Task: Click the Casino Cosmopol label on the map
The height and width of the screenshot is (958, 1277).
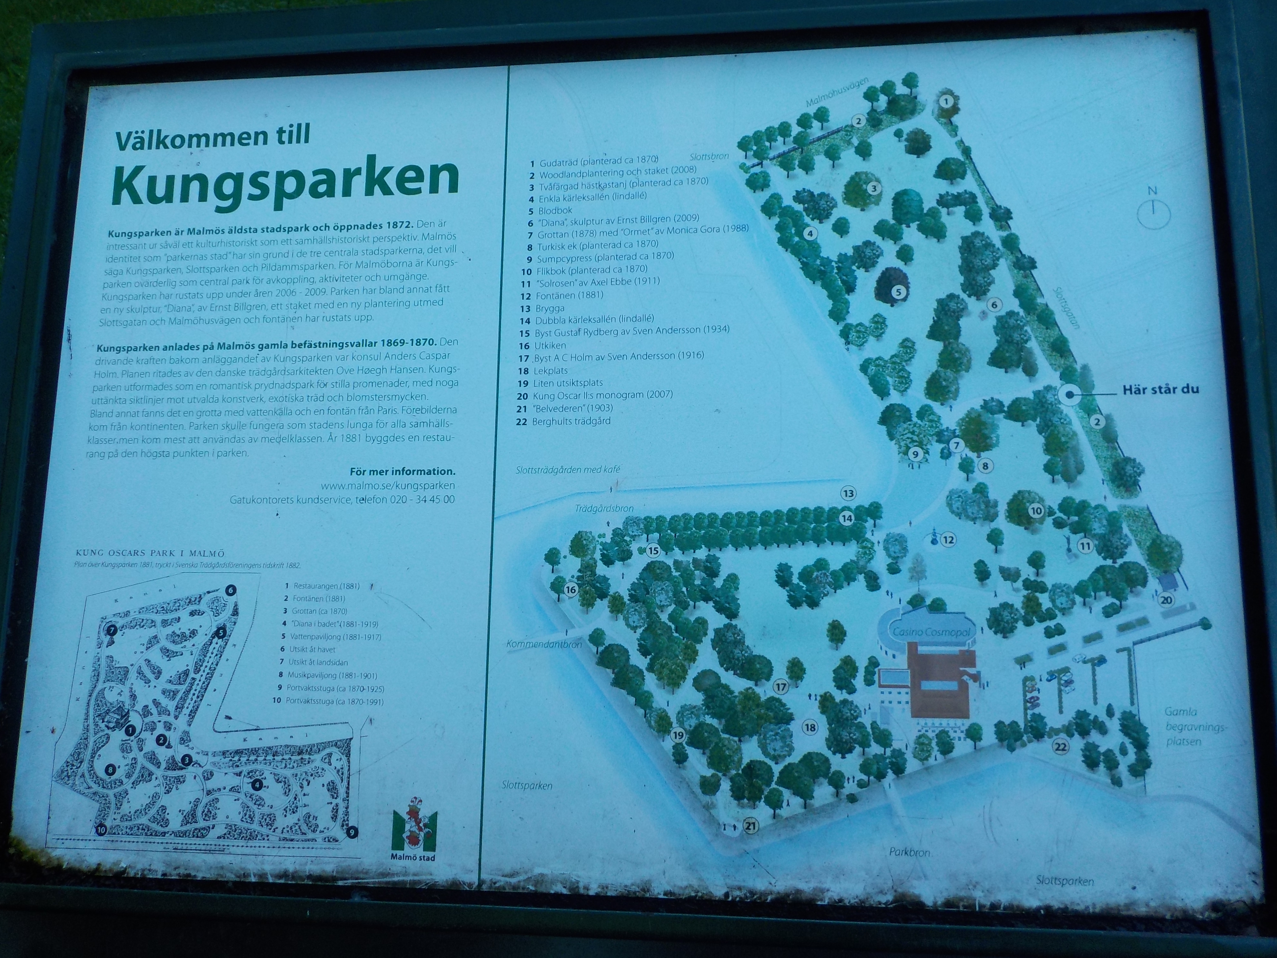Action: (931, 632)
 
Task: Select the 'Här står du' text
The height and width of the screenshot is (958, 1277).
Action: (1160, 389)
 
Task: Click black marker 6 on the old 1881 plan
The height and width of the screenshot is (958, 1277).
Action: (230, 590)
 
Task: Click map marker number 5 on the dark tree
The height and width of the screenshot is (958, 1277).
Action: (898, 292)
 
